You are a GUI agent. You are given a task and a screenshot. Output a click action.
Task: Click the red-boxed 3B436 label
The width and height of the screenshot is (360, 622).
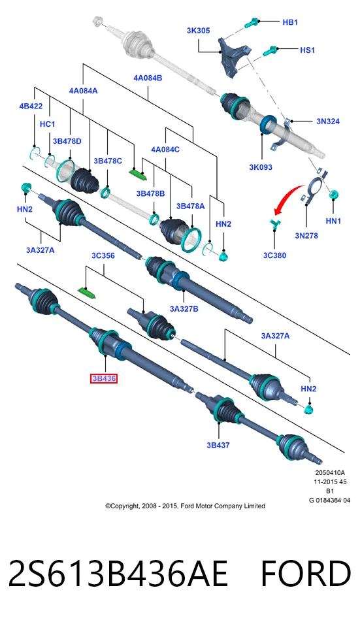(103, 379)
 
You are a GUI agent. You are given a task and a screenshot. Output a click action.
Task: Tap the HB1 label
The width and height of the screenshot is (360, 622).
(290, 22)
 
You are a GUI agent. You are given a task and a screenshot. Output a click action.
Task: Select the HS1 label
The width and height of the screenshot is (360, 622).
(307, 50)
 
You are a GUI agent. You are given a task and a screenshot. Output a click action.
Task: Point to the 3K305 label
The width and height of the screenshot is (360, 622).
(198, 31)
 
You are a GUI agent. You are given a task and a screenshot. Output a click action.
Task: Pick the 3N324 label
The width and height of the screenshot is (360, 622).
(328, 122)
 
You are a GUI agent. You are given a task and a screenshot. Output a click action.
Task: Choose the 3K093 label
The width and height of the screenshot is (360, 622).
(261, 167)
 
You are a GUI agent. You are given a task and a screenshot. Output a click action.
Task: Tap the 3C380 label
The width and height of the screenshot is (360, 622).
(274, 255)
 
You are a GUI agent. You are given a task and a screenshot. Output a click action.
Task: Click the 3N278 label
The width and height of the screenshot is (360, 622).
(306, 236)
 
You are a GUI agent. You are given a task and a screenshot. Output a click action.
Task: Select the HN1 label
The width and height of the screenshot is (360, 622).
(333, 221)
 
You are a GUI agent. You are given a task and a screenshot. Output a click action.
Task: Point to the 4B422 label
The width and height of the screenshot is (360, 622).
(31, 106)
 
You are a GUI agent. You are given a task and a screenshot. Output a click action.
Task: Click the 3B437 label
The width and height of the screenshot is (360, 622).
(218, 445)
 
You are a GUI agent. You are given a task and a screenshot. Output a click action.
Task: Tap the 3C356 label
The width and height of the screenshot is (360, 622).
(103, 256)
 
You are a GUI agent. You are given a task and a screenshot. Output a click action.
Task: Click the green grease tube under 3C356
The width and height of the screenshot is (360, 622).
(88, 293)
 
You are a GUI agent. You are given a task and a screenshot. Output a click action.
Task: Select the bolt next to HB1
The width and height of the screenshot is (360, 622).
(252, 23)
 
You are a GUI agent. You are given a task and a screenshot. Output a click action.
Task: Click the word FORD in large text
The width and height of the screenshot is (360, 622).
(306, 574)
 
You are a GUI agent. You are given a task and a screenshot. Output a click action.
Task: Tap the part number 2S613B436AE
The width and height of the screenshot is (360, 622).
(118, 574)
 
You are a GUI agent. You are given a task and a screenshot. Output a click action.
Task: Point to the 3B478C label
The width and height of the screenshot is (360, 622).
(107, 161)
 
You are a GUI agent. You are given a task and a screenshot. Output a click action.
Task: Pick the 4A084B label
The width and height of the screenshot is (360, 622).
(148, 78)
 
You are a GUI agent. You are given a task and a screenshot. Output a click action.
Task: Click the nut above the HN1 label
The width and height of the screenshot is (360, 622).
(334, 195)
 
